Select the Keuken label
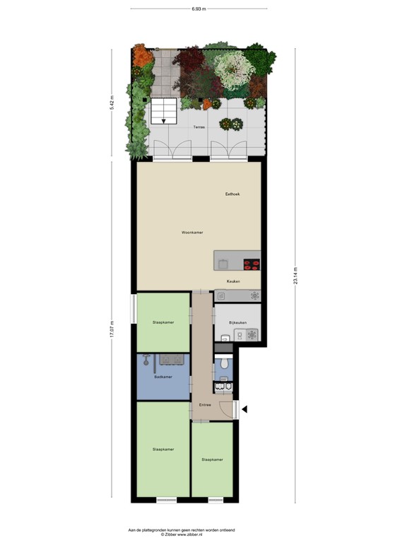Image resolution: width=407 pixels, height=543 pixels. pyautogui.click(x=233, y=281)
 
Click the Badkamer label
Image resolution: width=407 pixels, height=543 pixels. pyautogui.click(x=163, y=386)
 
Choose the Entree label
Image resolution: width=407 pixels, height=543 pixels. pyautogui.click(x=205, y=404)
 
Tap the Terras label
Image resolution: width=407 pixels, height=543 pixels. pyautogui.click(x=200, y=128)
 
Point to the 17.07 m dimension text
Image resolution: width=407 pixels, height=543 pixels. pyautogui.click(x=112, y=331)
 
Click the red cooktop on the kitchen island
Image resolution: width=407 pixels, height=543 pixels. pyautogui.click(x=251, y=265)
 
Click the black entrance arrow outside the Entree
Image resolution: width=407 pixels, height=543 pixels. pyautogui.click(x=244, y=409)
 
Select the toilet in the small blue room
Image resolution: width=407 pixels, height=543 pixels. pyautogui.click(x=224, y=363)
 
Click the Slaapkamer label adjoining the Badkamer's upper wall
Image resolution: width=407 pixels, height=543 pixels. pyautogui.click(x=163, y=322)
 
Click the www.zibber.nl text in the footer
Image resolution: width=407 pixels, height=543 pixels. pyautogui.click(x=191, y=534)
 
